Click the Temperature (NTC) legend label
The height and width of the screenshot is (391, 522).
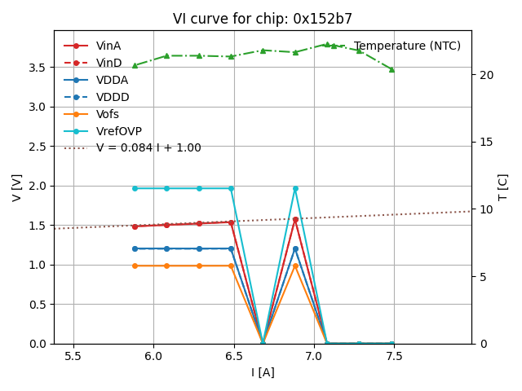click(x=407, y=46)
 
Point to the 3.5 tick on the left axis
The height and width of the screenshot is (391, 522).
click(x=38, y=68)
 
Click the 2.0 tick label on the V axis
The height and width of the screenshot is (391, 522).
click(x=38, y=186)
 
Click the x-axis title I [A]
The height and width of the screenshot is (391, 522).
click(x=263, y=373)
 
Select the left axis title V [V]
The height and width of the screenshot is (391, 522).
click(x=17, y=187)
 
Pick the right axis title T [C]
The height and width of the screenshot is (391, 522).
click(x=503, y=187)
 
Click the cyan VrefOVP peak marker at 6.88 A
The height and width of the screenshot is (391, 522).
click(x=295, y=188)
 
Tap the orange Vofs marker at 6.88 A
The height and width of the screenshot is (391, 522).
click(x=295, y=266)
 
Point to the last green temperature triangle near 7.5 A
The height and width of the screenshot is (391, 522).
click(x=391, y=69)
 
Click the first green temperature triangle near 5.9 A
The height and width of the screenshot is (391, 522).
click(x=135, y=65)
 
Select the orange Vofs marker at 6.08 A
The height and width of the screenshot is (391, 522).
click(x=166, y=266)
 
